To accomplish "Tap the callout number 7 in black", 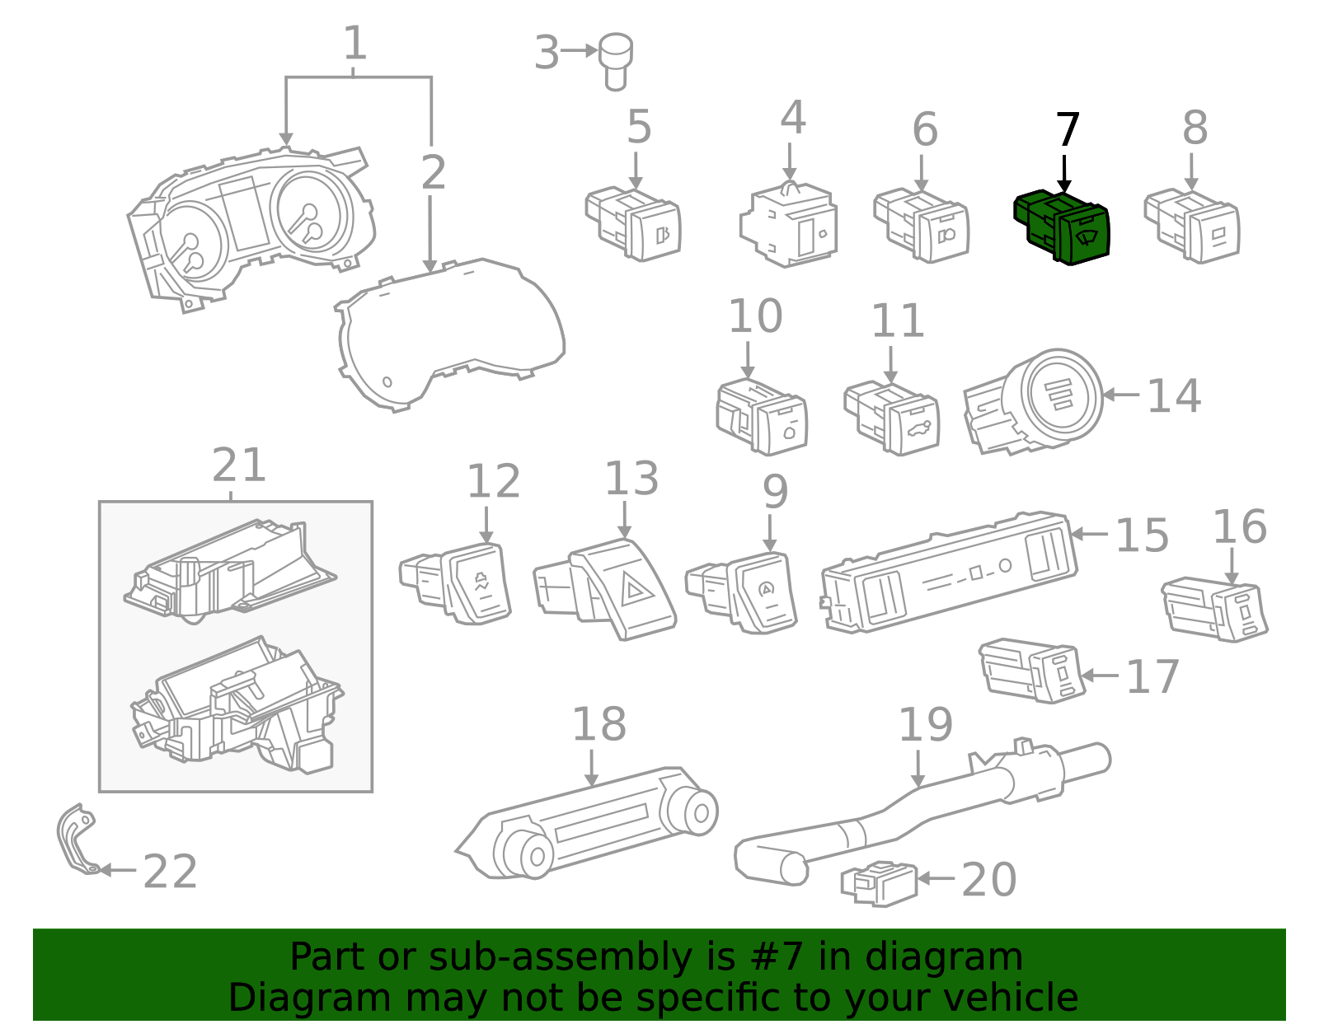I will tap(1068, 132).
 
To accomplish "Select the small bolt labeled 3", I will tap(615, 59).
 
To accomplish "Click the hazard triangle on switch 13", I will tap(636, 589).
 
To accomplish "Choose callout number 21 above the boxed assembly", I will tap(239, 466).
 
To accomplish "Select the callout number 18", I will tap(599, 725).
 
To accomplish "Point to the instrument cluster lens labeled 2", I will tap(453, 334).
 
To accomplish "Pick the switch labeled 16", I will tap(1215, 610).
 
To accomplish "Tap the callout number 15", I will tap(1142, 536).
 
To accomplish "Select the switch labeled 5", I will tap(633, 225).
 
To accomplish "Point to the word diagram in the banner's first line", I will tap(961, 957).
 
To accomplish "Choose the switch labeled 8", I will tap(1192, 227).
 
